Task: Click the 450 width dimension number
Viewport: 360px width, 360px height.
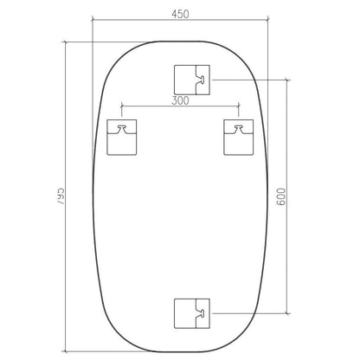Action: pyautogui.click(x=180, y=15)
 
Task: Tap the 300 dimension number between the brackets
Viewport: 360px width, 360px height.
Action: pyautogui.click(x=180, y=100)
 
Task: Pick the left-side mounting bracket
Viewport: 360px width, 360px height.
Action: pyautogui.click(x=121, y=138)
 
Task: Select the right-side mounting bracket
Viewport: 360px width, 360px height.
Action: pyautogui.click(x=239, y=138)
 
